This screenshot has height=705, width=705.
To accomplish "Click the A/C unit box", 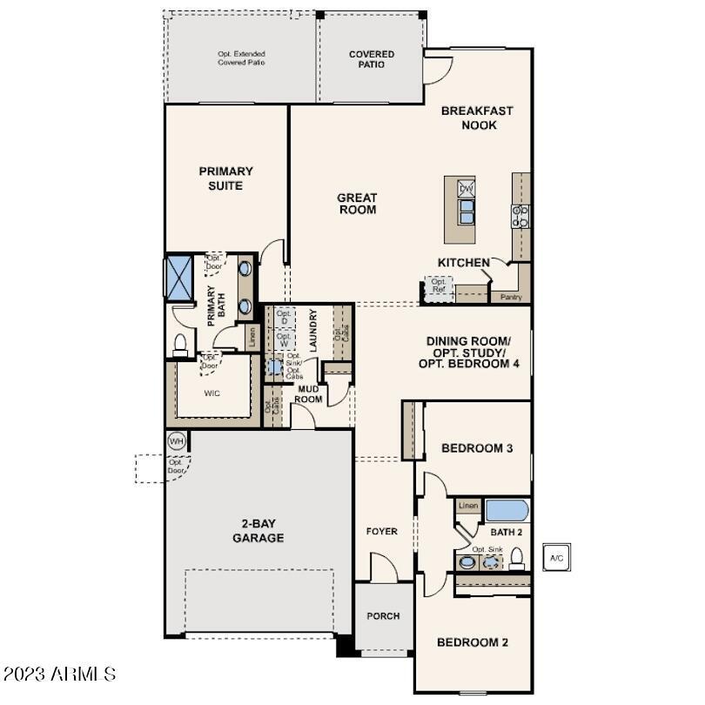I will click(557, 557).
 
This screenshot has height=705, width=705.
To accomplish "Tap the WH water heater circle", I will click(177, 441).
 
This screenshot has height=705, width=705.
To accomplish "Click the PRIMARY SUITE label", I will click(225, 178).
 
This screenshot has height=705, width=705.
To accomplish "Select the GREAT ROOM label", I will click(357, 204).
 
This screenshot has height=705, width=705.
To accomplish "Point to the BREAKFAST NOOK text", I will click(476, 117).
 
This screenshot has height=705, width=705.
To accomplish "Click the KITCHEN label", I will click(463, 262).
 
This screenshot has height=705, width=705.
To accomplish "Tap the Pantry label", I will click(510, 297).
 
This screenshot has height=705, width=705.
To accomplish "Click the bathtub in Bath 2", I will click(507, 511).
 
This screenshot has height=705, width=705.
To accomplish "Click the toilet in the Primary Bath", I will click(181, 344).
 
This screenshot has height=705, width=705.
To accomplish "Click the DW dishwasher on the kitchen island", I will click(467, 189).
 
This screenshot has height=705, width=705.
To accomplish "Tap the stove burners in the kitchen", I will click(520, 215).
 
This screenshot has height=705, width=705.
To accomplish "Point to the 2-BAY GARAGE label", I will click(258, 531).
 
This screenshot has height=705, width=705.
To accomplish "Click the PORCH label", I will click(383, 616).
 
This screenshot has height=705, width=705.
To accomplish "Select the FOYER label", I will click(381, 531).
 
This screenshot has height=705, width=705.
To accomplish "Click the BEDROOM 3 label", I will click(476, 448).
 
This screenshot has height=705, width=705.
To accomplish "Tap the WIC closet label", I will click(211, 393).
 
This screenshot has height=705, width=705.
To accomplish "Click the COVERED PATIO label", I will click(372, 60).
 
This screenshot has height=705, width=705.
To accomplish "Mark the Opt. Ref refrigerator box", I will click(439, 286).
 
